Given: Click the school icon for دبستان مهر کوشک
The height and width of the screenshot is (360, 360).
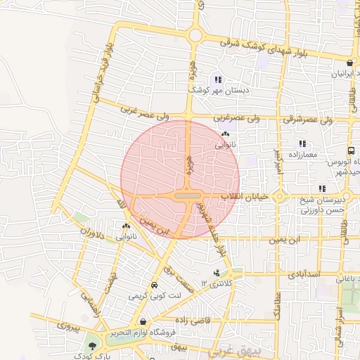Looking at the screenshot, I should point(218,79).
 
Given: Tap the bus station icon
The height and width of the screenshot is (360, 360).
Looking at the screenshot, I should point(351,150).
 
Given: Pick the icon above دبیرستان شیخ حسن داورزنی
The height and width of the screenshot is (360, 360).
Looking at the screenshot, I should point(322,188).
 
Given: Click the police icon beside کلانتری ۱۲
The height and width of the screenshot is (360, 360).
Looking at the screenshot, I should point(215,273).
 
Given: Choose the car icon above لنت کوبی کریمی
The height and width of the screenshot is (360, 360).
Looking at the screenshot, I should point(154,285).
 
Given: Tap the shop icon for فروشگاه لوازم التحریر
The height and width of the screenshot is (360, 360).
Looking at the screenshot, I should point(143,321).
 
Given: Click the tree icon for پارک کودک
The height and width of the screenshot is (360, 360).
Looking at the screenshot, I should point(91,345).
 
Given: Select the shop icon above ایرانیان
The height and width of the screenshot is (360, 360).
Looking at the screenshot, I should point(349,63).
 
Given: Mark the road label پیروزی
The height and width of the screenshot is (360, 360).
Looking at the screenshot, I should point(70,327).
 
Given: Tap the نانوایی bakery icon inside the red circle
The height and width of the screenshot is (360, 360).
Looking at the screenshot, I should point(225,134).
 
